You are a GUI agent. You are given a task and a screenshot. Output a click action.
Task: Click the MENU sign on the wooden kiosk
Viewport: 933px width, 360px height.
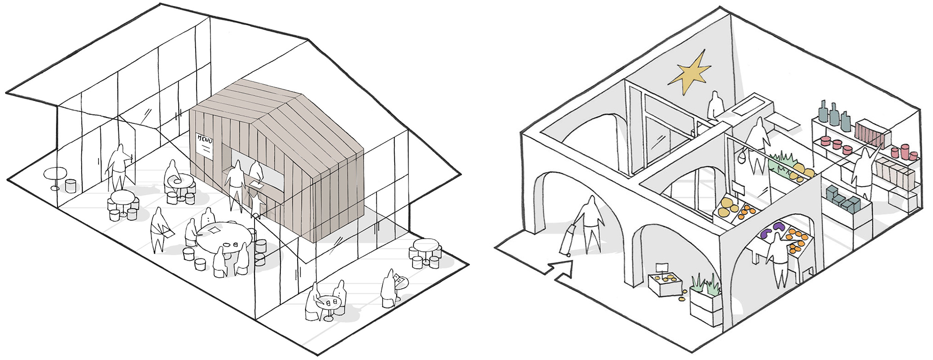pos(205,145)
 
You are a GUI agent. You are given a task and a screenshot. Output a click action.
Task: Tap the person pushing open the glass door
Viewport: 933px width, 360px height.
pos(118,167)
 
